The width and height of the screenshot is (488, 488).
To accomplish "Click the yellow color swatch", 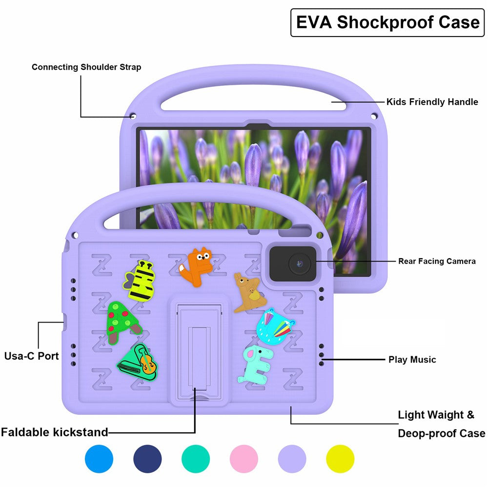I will pyautogui.click(x=340, y=459).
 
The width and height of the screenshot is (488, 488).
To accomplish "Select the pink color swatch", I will pyautogui.click(x=244, y=459).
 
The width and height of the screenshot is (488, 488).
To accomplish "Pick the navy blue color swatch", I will pyautogui.click(x=147, y=459).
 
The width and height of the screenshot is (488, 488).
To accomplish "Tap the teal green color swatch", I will pyautogui.click(x=196, y=459).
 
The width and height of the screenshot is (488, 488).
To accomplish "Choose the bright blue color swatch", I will pyautogui.click(x=99, y=459).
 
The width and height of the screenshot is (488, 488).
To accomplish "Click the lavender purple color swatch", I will pyautogui.click(x=292, y=459).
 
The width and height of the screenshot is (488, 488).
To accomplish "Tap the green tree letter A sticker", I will pyautogui.click(x=122, y=322).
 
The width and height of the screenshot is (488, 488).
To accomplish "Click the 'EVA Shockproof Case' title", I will pyautogui.click(x=387, y=22).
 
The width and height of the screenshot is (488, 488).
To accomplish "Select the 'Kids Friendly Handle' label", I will pyautogui.click(x=432, y=102).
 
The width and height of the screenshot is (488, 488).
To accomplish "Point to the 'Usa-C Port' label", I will pyautogui.click(x=32, y=356).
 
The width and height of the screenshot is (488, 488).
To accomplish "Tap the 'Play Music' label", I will pyautogui.click(x=412, y=360).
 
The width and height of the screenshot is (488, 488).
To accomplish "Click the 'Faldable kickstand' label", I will pyautogui.click(x=54, y=432).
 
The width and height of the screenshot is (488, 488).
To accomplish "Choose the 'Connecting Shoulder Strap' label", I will pyautogui.click(x=86, y=67).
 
